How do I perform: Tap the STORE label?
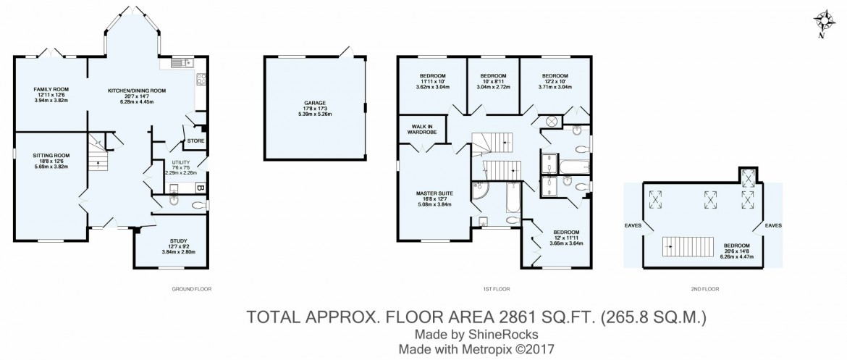196,141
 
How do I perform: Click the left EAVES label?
633,225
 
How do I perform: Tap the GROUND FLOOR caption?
186,288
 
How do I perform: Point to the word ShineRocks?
505,334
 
